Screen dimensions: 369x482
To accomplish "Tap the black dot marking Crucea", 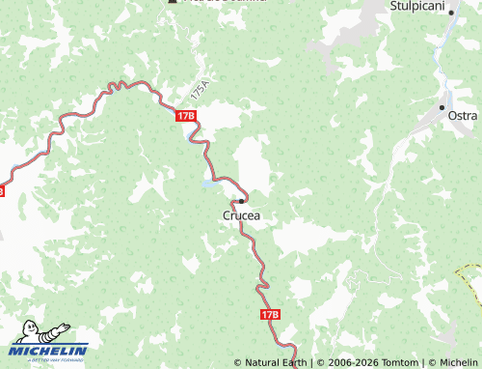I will click(x=241, y=201).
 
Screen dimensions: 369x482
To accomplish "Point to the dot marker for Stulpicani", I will click(x=450, y=13).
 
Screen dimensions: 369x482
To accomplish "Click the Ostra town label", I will click(x=462, y=116).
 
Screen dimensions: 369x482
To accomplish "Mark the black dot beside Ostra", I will click(x=442, y=106).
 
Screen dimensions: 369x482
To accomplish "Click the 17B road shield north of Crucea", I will click(x=186, y=115).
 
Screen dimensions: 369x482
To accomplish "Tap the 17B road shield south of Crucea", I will click(x=269, y=314).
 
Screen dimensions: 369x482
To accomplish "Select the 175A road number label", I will click(x=199, y=93).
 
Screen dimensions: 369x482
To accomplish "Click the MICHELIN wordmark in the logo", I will click(x=49, y=350).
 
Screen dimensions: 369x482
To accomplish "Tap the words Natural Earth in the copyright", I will click(x=276, y=363).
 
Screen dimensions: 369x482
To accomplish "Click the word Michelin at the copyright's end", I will click(x=455, y=363).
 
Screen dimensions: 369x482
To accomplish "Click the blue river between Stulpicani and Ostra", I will click(x=440, y=58).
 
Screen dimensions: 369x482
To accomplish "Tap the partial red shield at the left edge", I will click(x=2, y=191).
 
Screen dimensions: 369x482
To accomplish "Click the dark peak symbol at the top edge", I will click(x=173, y=2).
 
